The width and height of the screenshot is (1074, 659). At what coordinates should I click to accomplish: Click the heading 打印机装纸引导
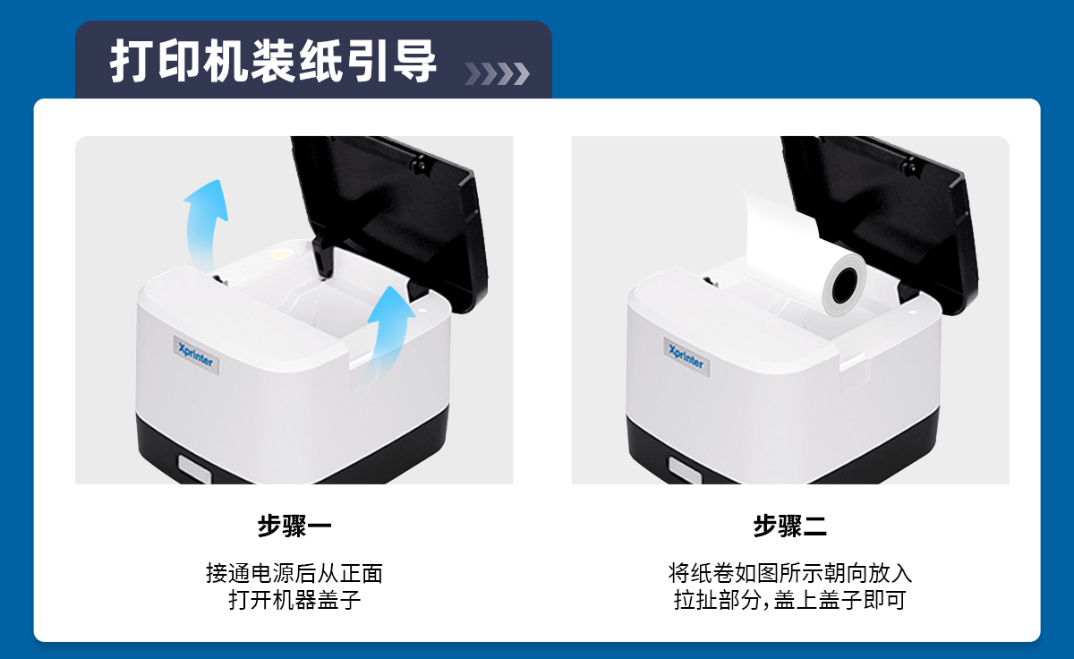(x=273, y=61)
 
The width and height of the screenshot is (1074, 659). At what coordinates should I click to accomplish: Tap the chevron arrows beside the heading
(x=498, y=73)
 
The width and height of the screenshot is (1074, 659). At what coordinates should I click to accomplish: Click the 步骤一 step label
(x=294, y=526)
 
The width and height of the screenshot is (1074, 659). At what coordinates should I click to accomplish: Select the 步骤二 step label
(x=789, y=526)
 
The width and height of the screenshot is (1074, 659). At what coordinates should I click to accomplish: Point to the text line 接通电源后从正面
(x=294, y=573)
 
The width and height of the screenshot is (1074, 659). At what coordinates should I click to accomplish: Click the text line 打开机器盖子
(x=294, y=600)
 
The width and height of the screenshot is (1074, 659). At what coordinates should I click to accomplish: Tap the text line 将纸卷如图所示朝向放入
(x=789, y=573)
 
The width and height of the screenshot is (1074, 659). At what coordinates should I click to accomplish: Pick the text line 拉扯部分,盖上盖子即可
(x=789, y=600)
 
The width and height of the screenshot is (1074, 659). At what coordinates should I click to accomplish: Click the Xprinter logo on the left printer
(x=196, y=355)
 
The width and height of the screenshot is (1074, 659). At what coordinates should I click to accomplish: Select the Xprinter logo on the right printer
(x=686, y=357)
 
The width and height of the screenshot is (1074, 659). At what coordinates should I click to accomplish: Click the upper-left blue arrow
(x=205, y=226)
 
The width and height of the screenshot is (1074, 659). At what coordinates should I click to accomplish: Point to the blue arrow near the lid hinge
(x=389, y=331)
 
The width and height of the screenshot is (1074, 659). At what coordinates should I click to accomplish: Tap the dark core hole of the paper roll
(x=845, y=286)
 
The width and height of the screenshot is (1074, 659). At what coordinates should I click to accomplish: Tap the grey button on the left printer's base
(x=195, y=469)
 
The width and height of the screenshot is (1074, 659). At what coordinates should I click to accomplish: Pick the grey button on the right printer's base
(x=686, y=470)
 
